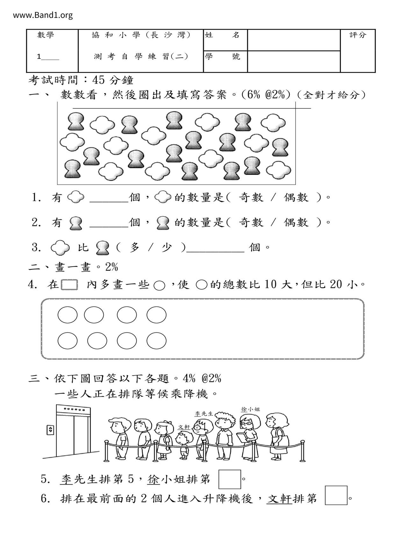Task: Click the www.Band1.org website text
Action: pos(43,15)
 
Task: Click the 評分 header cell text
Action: pos(358,35)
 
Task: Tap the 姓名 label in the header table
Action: pos(222,35)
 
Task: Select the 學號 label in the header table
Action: pos(222,57)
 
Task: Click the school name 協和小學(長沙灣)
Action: pos(141,35)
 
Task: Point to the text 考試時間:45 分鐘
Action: pos(81,80)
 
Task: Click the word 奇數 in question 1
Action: pos(251,198)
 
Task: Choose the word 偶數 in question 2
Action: pos(296,222)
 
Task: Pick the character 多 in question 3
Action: pos(135,247)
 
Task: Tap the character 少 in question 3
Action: pos(166,247)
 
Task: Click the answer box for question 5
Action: pos(229,479)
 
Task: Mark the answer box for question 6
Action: pos(336,495)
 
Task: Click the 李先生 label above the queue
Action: pos(204,414)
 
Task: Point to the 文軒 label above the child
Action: pos(184,427)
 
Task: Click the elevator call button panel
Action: pos(50,430)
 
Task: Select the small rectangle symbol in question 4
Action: pos(69,285)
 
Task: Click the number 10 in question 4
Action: pos(270,284)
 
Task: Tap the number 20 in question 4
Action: pos(336,284)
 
